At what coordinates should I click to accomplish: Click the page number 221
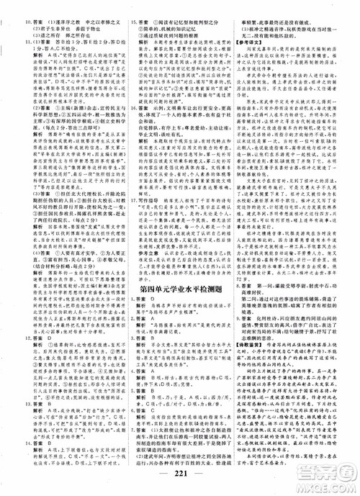[x=180, y=482]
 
